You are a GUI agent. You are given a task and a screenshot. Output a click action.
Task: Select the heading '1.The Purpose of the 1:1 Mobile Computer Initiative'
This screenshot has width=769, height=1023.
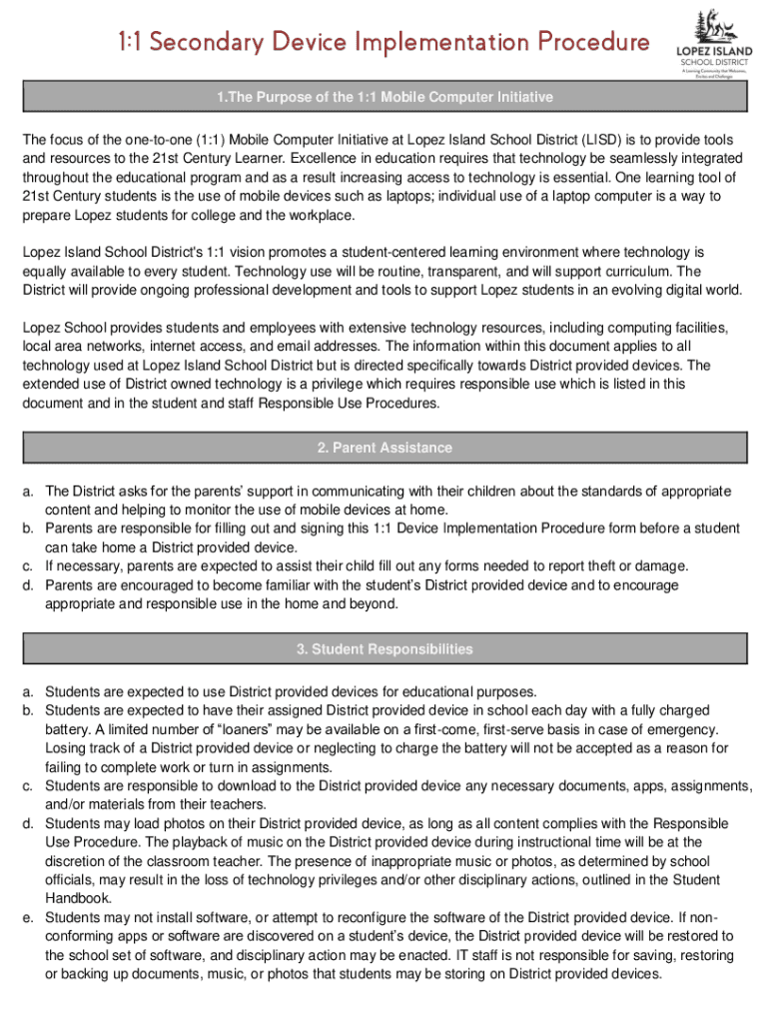click(384, 98)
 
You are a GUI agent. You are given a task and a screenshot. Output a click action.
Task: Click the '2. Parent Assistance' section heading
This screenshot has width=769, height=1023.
click(384, 448)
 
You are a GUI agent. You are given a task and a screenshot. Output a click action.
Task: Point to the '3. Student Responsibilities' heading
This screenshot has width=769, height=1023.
click(384, 649)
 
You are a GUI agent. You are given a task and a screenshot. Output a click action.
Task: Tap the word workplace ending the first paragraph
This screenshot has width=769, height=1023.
click(318, 216)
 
